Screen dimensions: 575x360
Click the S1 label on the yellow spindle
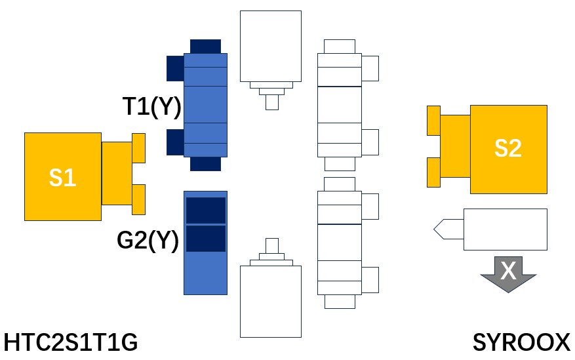(63, 178)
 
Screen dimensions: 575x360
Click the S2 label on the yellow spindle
(508, 148)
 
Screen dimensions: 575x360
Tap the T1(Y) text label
(152, 107)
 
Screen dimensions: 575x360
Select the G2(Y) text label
(148, 241)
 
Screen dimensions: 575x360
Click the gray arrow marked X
(508, 274)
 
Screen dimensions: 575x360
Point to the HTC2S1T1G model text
(71, 342)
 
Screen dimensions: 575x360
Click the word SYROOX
(521, 342)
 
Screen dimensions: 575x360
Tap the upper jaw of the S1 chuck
(138, 148)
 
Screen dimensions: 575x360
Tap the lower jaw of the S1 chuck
(138, 199)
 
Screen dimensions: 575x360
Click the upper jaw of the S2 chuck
(434, 121)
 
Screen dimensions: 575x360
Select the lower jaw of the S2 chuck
(434, 172)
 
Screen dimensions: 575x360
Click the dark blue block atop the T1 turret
(205, 47)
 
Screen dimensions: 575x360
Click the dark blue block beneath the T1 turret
(205, 164)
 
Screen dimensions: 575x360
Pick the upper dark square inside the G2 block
(206, 210)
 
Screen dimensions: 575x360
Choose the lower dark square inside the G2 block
(206, 239)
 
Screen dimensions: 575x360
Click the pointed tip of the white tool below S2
(434, 230)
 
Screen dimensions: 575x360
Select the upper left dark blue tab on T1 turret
(175, 69)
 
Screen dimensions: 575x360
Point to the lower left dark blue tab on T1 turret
(175, 142)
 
